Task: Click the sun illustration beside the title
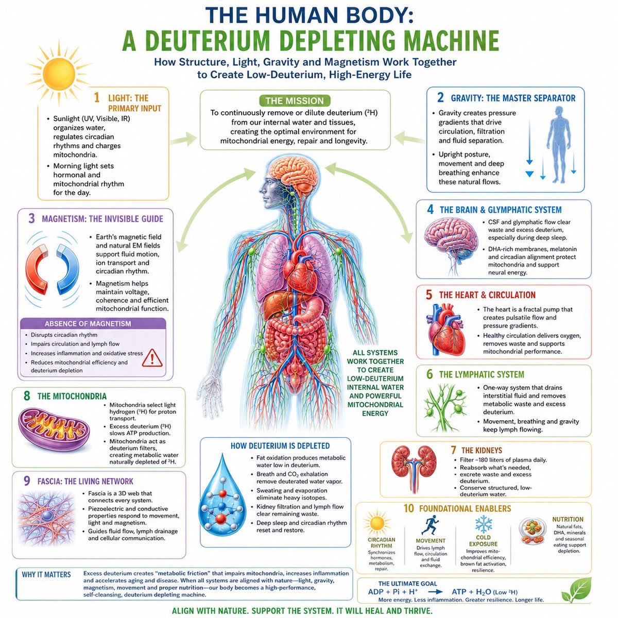pos(59,74)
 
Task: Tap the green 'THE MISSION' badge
pos(295,101)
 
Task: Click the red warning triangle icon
pos(152,358)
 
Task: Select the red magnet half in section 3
pos(37,269)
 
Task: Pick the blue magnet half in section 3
pos(68,269)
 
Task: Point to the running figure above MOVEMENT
pos(430,525)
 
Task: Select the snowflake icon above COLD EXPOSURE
pos(483,524)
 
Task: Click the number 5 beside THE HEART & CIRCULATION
pos(429,295)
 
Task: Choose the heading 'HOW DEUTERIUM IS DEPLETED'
pos(280,446)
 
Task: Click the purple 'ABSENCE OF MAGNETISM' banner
pos(93,323)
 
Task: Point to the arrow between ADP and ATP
pos(437,592)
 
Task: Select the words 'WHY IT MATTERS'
pos(46,574)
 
